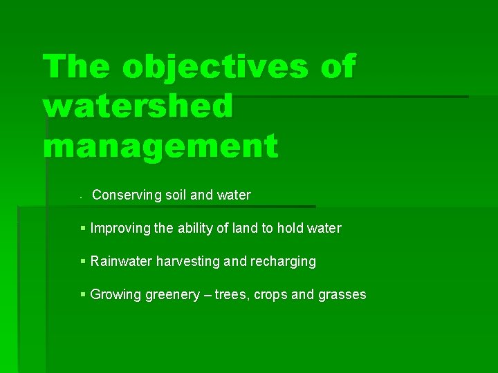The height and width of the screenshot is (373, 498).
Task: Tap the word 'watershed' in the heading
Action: click(x=138, y=107)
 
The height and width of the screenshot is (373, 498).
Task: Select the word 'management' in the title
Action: click(x=160, y=146)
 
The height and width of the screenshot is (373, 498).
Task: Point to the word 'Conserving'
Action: click(x=127, y=195)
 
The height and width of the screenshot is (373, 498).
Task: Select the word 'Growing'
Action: click(x=116, y=295)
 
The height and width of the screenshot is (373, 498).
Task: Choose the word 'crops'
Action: click(x=271, y=295)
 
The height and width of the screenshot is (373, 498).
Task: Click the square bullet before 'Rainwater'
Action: click(x=83, y=261)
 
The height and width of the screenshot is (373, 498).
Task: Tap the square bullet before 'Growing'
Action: click(x=83, y=294)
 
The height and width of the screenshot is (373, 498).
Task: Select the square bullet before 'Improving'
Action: click(x=83, y=228)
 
